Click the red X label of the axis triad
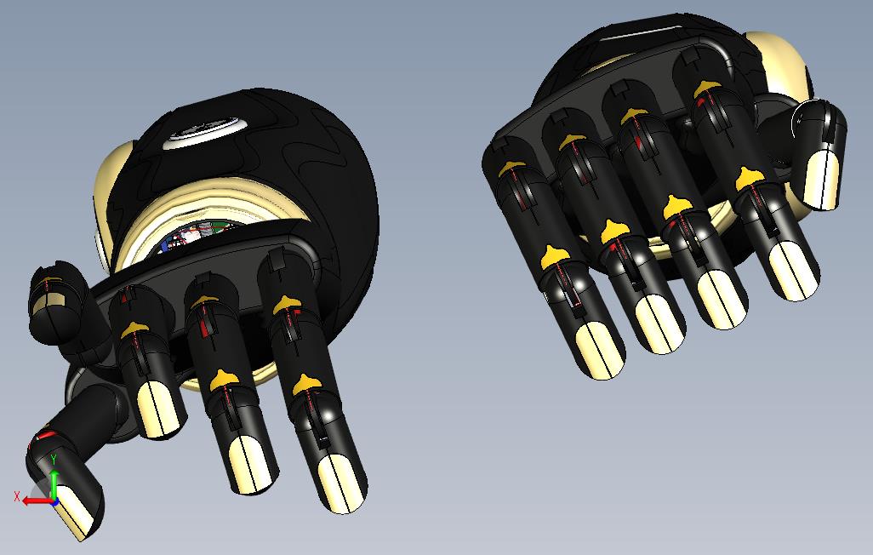[17, 495]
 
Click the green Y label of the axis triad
[54, 459]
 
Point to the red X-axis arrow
[34, 501]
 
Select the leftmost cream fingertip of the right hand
[601, 348]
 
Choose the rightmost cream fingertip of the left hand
[340, 483]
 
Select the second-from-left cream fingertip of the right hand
[660, 323]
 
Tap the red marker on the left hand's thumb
[44, 436]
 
